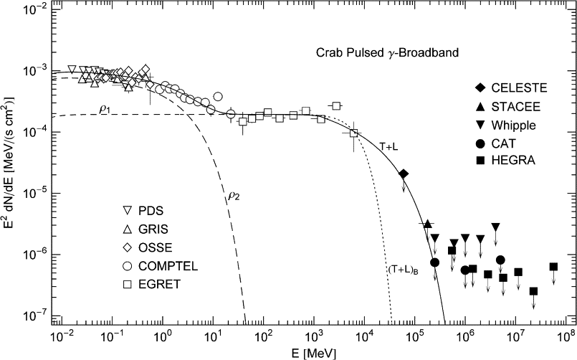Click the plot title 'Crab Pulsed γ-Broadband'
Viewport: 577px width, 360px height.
pos(387,53)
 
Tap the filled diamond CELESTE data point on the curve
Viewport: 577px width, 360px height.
pos(404,174)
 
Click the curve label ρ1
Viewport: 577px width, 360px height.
pos(104,109)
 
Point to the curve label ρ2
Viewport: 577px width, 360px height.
pos(234,194)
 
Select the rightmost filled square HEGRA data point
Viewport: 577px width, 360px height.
pos(553,267)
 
